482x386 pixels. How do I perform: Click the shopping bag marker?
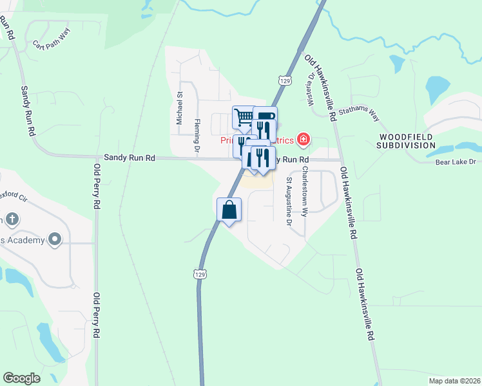(229, 210)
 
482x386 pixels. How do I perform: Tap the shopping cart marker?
(243, 116)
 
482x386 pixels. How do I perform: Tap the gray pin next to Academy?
(55, 240)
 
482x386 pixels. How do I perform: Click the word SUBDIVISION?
(407, 145)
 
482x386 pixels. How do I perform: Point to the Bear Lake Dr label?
(454, 162)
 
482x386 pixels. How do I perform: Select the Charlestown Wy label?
(305, 190)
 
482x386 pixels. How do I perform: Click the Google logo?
(21, 378)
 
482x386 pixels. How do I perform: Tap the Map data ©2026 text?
(453, 380)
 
